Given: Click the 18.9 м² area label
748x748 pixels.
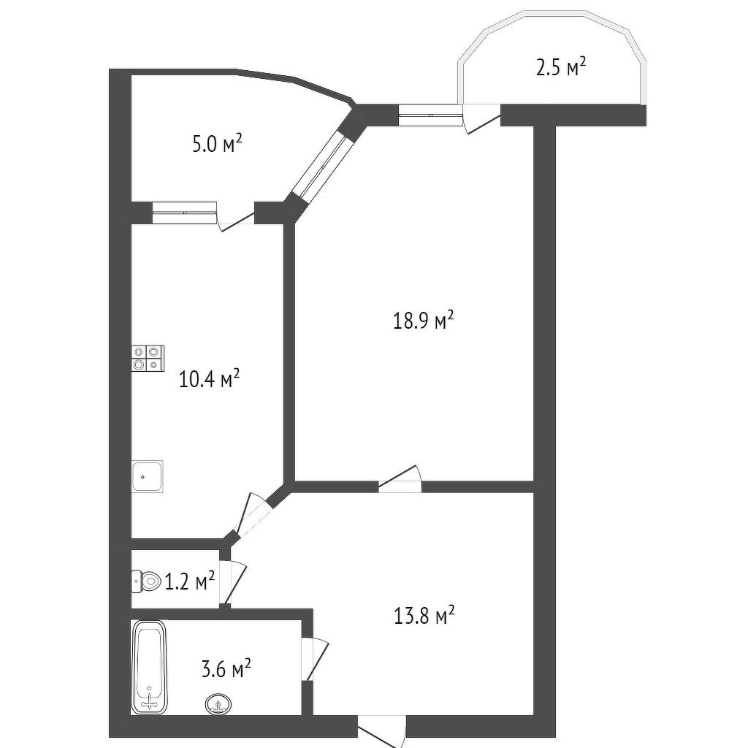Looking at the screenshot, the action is pyautogui.click(x=423, y=321).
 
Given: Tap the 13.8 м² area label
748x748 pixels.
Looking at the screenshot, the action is pyautogui.click(x=424, y=616).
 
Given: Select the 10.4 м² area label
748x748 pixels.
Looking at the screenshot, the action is pyautogui.click(x=209, y=379).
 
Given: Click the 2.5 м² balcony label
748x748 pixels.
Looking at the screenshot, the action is pyautogui.click(x=561, y=67).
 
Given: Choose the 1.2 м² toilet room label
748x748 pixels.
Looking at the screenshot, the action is pyautogui.click(x=189, y=581).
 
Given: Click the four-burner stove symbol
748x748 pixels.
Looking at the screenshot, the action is pyautogui.click(x=148, y=358).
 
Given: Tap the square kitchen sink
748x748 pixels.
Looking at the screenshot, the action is pyautogui.click(x=148, y=476).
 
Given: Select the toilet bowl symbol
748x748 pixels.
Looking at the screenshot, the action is pyautogui.click(x=146, y=581).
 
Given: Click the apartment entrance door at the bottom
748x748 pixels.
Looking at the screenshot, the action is pyautogui.click(x=381, y=730).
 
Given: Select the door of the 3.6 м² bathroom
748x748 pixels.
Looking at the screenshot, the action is pyautogui.click(x=315, y=659).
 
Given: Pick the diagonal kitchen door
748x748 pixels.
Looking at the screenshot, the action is pyautogui.click(x=252, y=514).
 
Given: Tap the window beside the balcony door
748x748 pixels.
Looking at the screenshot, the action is pyautogui.click(x=431, y=115).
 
